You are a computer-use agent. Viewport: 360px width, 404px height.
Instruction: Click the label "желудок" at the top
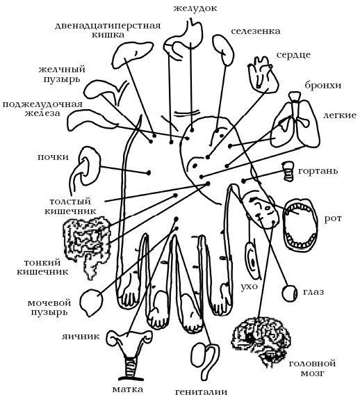click(195, 8)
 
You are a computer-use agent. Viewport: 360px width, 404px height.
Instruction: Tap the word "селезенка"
click(256, 31)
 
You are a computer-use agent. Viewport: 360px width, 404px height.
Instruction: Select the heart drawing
click(263, 74)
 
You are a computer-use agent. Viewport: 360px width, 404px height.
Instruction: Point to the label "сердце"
click(293, 55)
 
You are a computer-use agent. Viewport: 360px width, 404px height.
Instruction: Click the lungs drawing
click(297, 121)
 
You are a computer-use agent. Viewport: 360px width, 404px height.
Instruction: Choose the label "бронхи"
click(323, 85)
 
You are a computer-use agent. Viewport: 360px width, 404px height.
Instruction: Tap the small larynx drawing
click(288, 171)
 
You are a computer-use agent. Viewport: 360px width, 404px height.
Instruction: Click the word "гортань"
click(318, 171)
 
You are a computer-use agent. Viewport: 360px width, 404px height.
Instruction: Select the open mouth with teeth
click(300, 225)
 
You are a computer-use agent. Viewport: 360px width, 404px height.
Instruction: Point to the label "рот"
click(332, 218)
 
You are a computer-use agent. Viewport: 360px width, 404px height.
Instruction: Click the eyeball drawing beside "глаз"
click(290, 293)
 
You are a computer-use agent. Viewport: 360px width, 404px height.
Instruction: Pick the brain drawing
click(261, 341)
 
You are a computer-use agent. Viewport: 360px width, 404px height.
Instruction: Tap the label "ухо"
click(249, 286)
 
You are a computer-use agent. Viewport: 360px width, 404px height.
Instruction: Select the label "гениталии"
click(201, 392)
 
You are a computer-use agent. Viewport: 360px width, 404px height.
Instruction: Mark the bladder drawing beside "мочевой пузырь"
click(92, 302)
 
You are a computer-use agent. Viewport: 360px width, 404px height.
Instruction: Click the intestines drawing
click(87, 245)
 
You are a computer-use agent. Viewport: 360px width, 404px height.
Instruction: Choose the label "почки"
click(53, 157)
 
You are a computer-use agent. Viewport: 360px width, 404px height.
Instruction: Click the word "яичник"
click(81, 337)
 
